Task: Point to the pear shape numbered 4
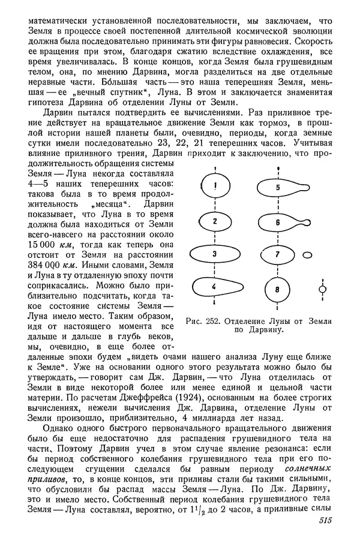218,288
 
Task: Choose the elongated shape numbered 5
282,187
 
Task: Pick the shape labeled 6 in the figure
282,222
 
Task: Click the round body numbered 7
277,255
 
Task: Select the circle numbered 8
277,290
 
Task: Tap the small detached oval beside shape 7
308,256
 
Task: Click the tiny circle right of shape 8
322,290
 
